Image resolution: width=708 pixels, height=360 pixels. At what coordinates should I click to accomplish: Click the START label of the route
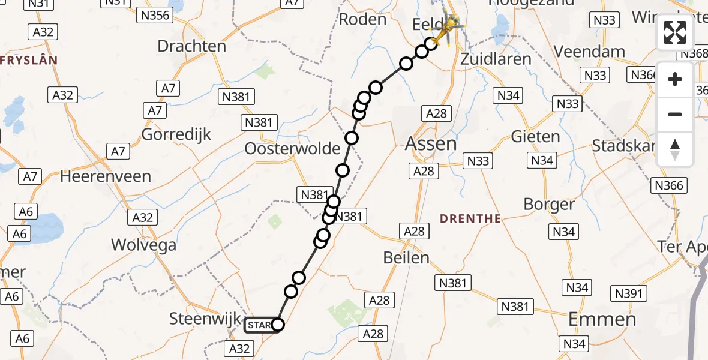(x=259, y=325)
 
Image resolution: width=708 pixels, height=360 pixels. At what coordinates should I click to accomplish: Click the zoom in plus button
(x=675, y=80)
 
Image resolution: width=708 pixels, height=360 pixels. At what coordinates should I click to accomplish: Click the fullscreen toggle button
(x=675, y=33)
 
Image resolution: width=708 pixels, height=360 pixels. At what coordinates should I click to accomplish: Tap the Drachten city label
(x=191, y=46)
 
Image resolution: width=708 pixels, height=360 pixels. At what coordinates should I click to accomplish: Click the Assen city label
(x=431, y=144)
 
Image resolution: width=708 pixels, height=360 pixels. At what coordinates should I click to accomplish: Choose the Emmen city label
(x=602, y=319)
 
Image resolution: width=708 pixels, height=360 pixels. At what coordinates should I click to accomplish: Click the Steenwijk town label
(x=205, y=319)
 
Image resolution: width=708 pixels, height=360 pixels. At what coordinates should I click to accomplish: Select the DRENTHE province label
(x=470, y=219)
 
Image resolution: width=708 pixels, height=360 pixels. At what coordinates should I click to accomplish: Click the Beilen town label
(x=407, y=258)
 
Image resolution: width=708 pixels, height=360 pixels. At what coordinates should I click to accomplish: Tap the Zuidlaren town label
(x=496, y=59)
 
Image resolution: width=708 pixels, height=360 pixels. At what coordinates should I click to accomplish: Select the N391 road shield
(x=629, y=293)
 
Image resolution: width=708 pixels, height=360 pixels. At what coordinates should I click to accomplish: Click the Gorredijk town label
(x=176, y=134)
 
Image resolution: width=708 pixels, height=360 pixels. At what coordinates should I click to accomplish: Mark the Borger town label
(x=549, y=204)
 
